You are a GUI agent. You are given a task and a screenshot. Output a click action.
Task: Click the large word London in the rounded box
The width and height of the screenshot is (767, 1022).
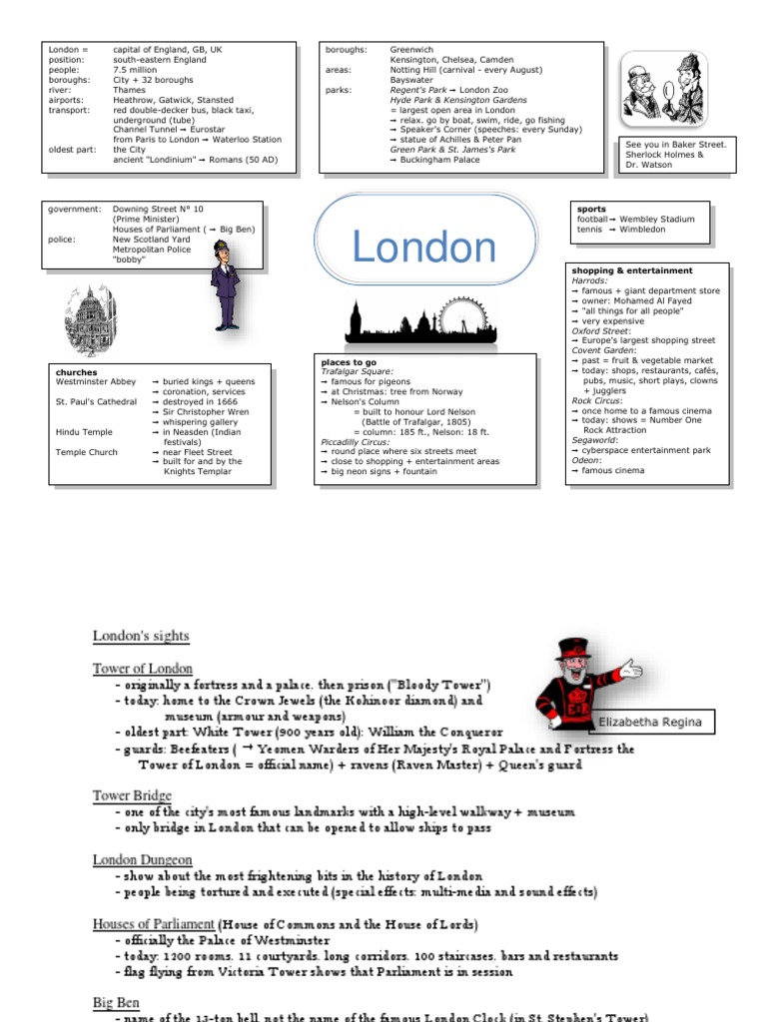(424, 248)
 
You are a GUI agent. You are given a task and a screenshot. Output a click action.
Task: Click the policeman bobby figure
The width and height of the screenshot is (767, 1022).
(225, 284)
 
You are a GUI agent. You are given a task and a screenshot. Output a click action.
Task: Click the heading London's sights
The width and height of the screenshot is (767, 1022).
(141, 636)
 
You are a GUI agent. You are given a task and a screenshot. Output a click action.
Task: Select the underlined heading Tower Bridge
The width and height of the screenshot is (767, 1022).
(132, 795)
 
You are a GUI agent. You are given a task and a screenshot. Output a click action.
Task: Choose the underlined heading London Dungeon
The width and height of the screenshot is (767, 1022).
(143, 859)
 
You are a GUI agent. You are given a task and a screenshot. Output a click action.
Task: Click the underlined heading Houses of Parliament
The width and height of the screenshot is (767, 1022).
(154, 923)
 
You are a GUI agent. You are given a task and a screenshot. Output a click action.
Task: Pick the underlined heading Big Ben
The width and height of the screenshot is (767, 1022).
(116, 1002)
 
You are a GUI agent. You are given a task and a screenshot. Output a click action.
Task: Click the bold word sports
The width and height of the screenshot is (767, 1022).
(591, 210)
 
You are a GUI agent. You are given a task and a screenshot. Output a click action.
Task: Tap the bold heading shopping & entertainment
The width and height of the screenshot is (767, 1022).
(631, 270)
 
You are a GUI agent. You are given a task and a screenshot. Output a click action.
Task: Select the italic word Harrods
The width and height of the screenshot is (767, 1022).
(588, 280)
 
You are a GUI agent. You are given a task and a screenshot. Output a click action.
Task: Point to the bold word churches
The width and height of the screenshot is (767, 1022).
(77, 372)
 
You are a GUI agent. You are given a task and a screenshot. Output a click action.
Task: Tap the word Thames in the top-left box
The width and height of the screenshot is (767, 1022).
(129, 90)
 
